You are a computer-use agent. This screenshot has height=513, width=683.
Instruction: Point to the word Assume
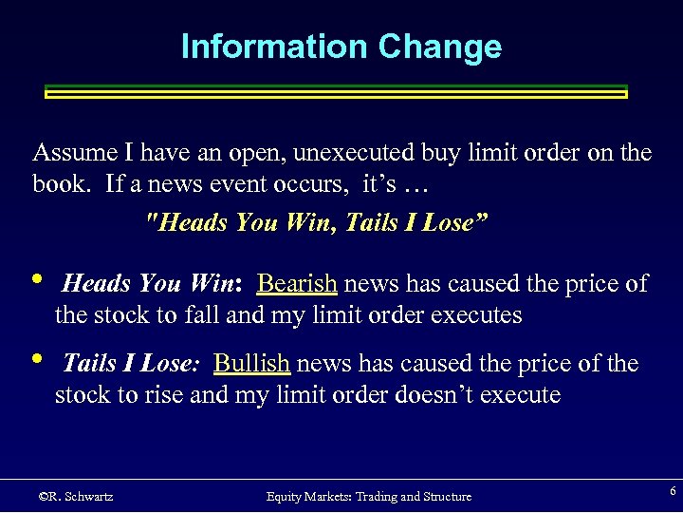(x=67, y=153)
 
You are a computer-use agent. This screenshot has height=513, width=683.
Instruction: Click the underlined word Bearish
(x=297, y=283)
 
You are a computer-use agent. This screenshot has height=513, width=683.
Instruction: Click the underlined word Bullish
(x=251, y=363)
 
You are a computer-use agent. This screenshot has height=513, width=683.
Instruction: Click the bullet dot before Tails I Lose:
(x=36, y=359)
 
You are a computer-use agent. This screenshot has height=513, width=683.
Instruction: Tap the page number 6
(x=673, y=491)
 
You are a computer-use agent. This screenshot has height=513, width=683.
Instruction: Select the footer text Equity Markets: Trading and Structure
(x=368, y=497)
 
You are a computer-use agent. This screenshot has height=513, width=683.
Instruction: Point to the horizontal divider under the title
(x=337, y=91)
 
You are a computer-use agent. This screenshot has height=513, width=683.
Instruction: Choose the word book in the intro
(x=62, y=183)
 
